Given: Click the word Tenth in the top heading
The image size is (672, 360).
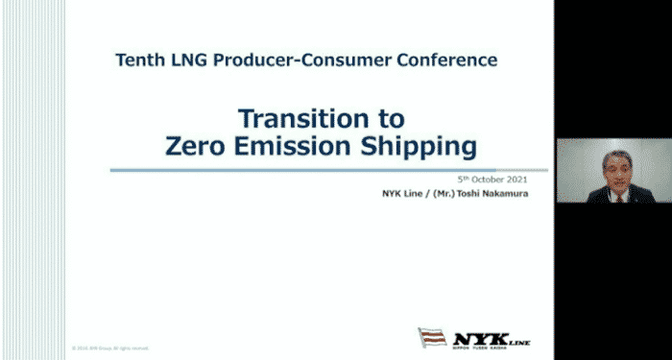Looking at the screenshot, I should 139,60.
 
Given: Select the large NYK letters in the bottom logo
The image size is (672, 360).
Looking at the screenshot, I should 476,337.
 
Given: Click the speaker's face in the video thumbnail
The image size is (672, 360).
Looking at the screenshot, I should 612,166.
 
